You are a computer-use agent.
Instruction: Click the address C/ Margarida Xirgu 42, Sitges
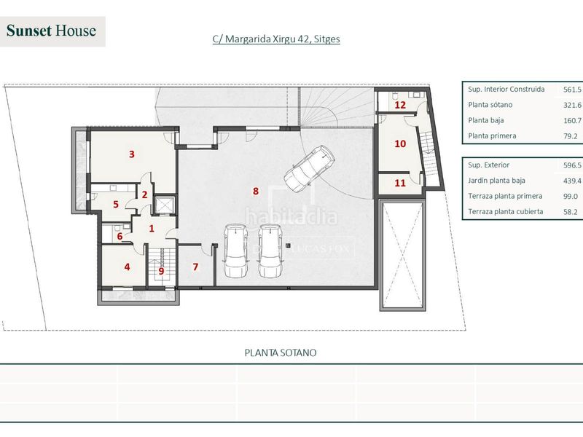point(276,39)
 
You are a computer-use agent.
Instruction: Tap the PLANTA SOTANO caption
point(281,353)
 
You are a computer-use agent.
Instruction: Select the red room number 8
point(256,191)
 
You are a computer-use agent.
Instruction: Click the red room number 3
point(132,154)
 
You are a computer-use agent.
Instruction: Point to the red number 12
point(400,105)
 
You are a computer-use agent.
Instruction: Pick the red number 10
point(400,143)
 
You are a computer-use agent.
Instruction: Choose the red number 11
point(400,183)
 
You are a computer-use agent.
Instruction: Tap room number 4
point(127,267)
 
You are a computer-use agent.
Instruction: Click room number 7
point(195,267)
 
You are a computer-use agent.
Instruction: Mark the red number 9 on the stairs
point(161,271)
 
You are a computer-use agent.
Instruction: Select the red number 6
point(120,236)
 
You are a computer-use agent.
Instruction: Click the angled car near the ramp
point(309,168)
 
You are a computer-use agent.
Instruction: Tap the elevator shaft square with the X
point(165,205)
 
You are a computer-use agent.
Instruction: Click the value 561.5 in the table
point(572,90)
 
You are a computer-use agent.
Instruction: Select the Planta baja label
point(486,120)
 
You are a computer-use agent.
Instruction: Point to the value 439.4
point(572,181)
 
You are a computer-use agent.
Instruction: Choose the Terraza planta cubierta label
point(506,212)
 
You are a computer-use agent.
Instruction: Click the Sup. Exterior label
point(488,165)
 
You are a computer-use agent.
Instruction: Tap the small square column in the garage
point(288,245)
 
